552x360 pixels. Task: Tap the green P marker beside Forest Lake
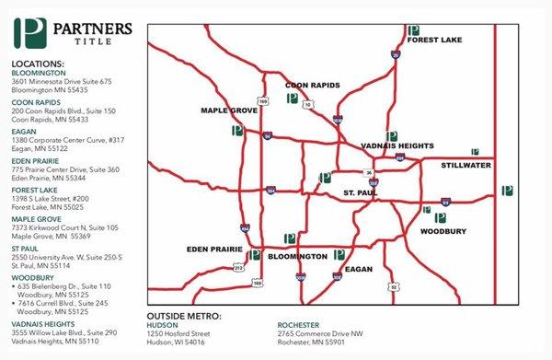(414, 30)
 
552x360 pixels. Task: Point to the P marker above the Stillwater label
(475, 152)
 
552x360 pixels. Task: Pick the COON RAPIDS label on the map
(312, 85)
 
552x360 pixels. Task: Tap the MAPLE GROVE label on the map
(228, 110)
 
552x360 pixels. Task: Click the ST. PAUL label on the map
(359, 192)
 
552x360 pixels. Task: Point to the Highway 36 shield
(368, 172)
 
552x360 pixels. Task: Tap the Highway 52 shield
(393, 287)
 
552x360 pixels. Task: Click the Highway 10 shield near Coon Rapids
(309, 104)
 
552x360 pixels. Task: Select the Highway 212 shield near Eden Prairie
(239, 267)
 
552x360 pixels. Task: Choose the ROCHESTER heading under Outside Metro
(300, 325)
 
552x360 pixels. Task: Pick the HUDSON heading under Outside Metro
(164, 325)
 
